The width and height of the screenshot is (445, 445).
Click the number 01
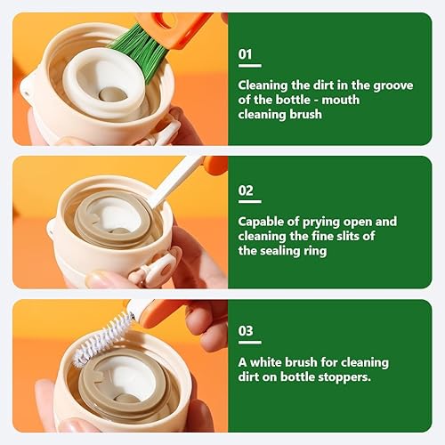245,54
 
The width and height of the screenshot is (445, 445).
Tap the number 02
246,190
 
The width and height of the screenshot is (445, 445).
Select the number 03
246,331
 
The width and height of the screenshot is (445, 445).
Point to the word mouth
341,100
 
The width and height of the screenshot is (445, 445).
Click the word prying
321,222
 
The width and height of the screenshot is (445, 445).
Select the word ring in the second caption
315,251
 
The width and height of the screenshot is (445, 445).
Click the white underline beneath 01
250,66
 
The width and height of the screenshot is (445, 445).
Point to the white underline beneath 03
250,343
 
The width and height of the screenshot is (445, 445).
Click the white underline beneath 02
250,202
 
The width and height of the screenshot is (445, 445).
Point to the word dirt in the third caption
247,377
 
